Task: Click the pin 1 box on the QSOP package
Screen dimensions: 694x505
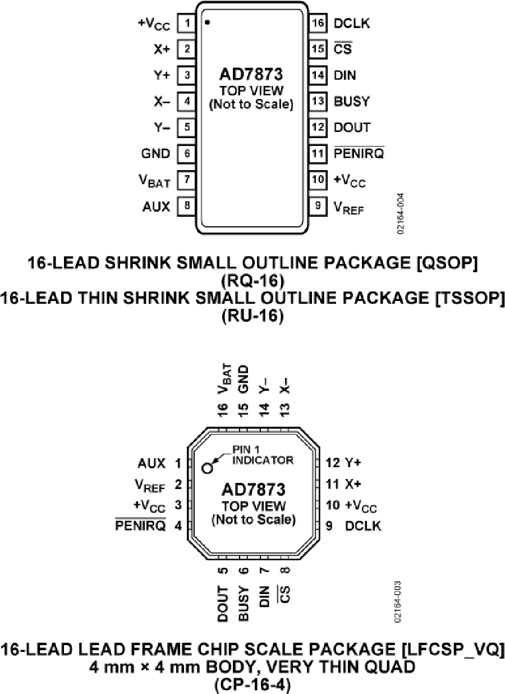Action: [186, 24]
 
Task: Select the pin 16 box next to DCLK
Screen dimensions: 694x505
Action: [318, 24]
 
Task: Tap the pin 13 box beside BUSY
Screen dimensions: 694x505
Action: [318, 102]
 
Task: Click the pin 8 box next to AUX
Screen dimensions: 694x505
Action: [186, 206]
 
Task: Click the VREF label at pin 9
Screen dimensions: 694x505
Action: [348, 207]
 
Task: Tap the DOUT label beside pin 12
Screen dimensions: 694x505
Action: [352, 127]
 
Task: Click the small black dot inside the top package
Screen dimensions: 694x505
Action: [207, 22]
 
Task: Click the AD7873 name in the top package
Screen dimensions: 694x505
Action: [251, 75]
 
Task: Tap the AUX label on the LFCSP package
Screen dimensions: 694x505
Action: [151, 464]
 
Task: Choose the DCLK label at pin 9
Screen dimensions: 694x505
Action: [363, 526]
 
